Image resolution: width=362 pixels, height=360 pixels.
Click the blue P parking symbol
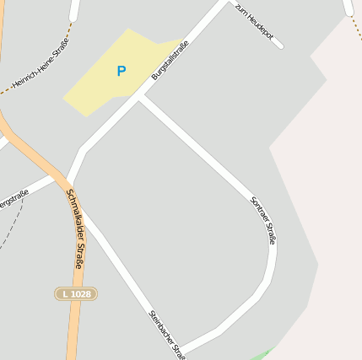(121, 72)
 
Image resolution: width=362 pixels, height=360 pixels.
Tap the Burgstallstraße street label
(170, 63)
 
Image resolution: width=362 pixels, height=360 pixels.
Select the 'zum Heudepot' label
(255, 23)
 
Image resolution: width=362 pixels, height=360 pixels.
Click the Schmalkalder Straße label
(75, 228)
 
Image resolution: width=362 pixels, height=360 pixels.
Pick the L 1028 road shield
(76, 293)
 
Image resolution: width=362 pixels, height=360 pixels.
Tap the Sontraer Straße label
(263, 220)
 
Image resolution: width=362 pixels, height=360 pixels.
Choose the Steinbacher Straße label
(166, 333)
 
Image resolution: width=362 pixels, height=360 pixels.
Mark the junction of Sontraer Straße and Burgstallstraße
(139, 97)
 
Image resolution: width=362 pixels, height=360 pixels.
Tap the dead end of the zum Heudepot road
(280, 46)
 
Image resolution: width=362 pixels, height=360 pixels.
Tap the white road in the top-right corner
(348, 8)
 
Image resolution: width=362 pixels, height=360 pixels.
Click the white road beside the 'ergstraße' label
(41, 185)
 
